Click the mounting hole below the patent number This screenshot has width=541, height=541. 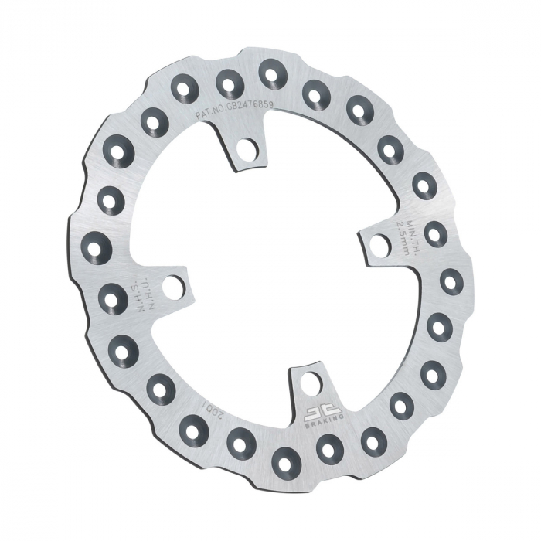point(247,148)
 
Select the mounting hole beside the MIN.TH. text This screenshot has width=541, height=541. point(379,246)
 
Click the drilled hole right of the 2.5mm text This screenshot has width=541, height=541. point(435,233)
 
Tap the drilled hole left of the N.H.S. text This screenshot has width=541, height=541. point(113,297)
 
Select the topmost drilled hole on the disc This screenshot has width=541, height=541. point(272,73)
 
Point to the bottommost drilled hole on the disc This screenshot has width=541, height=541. point(287,460)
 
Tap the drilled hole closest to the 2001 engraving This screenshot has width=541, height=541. point(192,427)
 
